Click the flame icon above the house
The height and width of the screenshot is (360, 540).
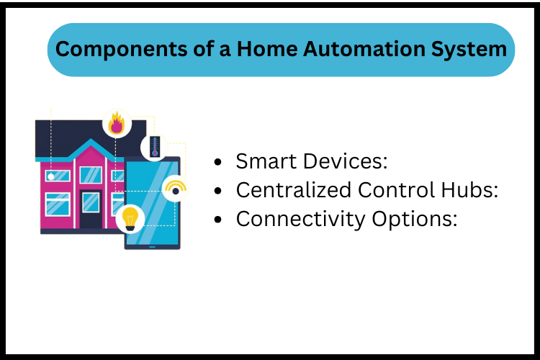tap(116, 124)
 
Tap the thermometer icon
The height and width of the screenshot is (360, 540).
tap(154, 147)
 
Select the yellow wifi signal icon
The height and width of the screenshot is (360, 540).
tap(175, 189)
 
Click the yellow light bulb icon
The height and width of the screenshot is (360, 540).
tap(130, 217)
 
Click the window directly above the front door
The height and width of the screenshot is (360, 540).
tap(91, 175)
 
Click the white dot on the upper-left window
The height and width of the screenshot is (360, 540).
tap(50, 176)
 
